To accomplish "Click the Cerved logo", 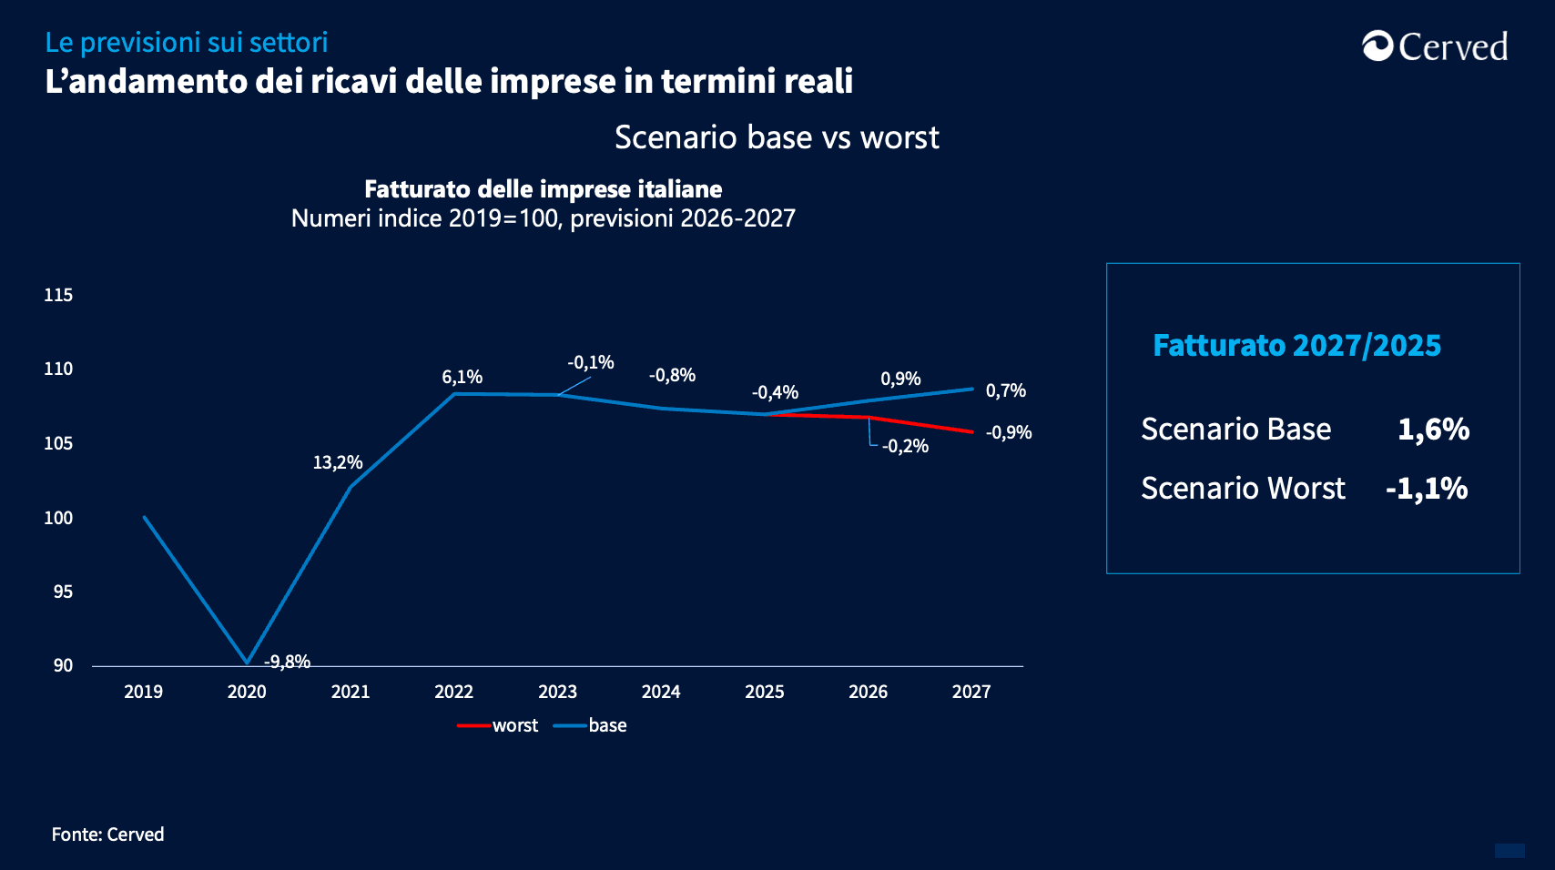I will coord(1435,46).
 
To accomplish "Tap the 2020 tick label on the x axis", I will coord(247,692).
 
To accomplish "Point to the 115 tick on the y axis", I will coord(58,295).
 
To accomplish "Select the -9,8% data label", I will coord(287,662).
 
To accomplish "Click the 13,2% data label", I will coord(338,462).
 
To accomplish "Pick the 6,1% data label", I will coord(462,377).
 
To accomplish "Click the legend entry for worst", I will coord(498,725).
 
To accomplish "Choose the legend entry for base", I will coord(591,725).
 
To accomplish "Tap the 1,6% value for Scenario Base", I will coord(1433,429).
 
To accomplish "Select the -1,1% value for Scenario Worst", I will coord(1427,489).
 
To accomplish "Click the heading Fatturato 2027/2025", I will coord(1296,346).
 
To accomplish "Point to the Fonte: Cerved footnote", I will coord(108,835).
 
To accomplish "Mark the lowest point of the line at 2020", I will coord(247,663).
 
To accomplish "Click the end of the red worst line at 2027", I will coord(972,431).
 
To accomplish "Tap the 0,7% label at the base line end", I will coord(1006,390).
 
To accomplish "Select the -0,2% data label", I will coord(905,446).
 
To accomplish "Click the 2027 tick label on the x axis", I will coord(971,692).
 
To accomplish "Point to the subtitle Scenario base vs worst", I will coord(777,137).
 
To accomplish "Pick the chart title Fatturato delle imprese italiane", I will coord(543,189).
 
